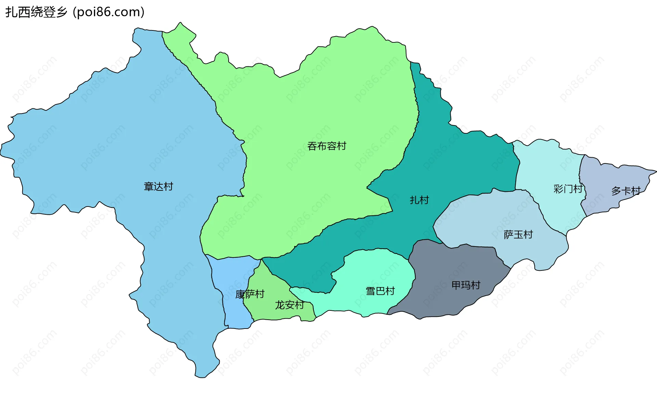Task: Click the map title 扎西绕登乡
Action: coord(36,12)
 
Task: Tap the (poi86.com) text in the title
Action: coord(109,12)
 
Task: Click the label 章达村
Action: coord(158,186)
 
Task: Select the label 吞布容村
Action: coord(326,146)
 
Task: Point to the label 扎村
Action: coord(419,200)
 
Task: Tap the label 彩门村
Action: coord(568,189)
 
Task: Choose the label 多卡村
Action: coord(626,191)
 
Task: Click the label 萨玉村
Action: coord(518,235)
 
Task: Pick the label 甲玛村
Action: coord(466,285)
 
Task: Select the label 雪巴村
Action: coord(380,291)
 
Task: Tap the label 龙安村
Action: coord(289,305)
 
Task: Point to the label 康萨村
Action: coord(250,294)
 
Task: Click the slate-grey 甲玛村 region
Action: coord(445,301)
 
